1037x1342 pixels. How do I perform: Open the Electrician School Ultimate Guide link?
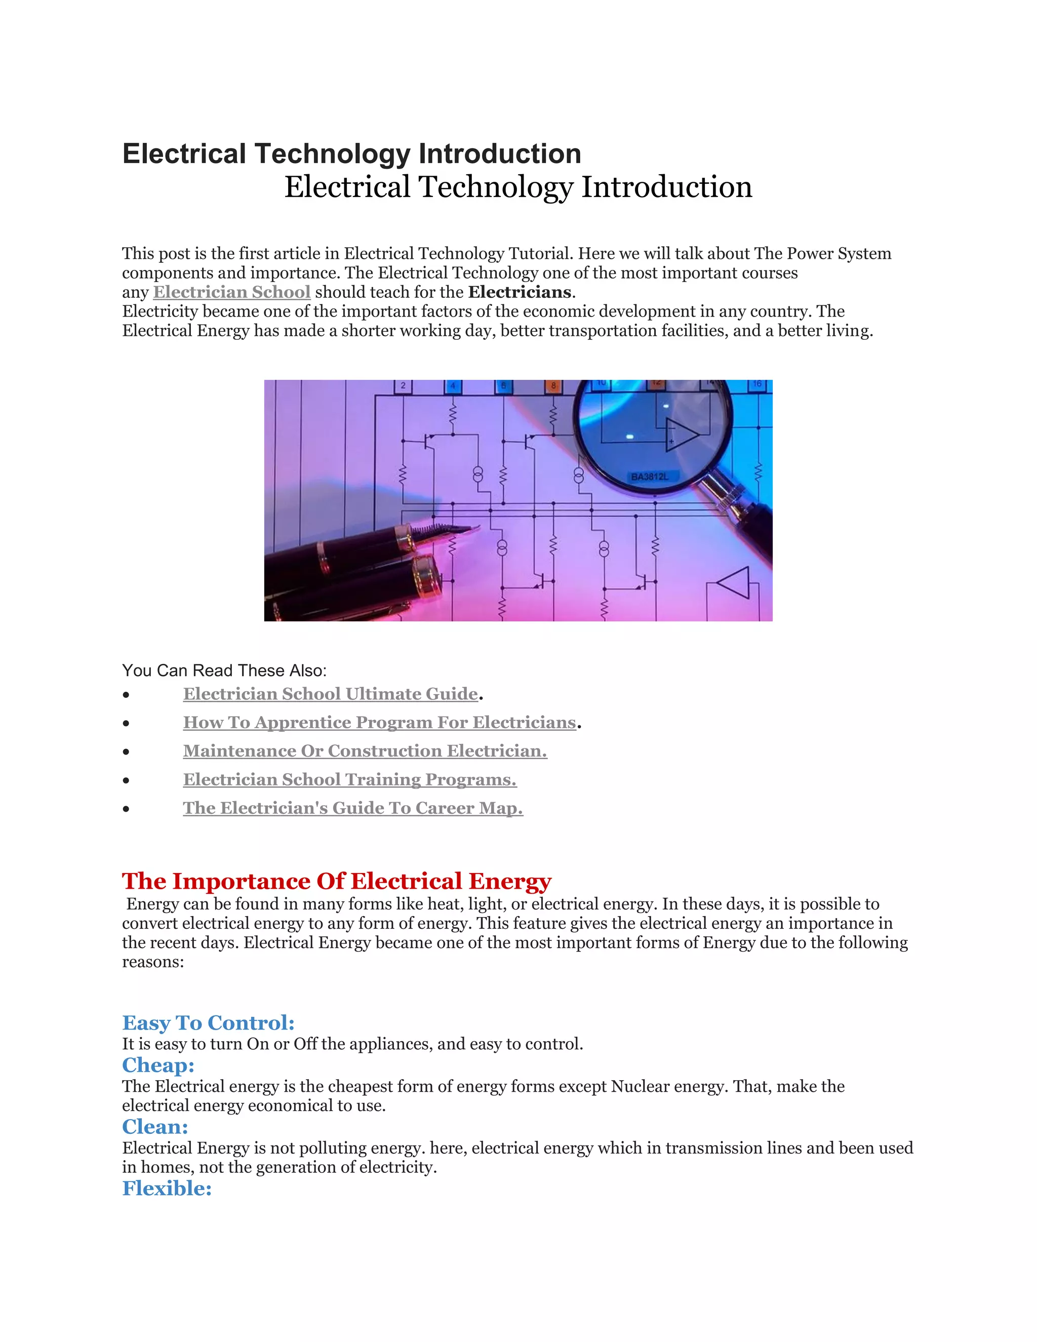click(331, 694)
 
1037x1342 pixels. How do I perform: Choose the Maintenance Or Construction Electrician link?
click(365, 751)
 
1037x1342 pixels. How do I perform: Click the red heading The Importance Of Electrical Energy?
click(337, 881)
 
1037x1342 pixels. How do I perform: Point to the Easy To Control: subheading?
click(208, 1022)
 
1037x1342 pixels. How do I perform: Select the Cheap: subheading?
click(158, 1065)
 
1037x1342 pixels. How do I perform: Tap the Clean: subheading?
click(155, 1126)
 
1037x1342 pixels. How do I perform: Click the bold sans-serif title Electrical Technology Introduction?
click(351, 153)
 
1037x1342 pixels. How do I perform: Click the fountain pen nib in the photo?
click(452, 530)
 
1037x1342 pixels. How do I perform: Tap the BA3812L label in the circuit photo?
click(649, 477)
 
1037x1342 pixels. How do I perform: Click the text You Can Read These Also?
click(224, 670)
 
